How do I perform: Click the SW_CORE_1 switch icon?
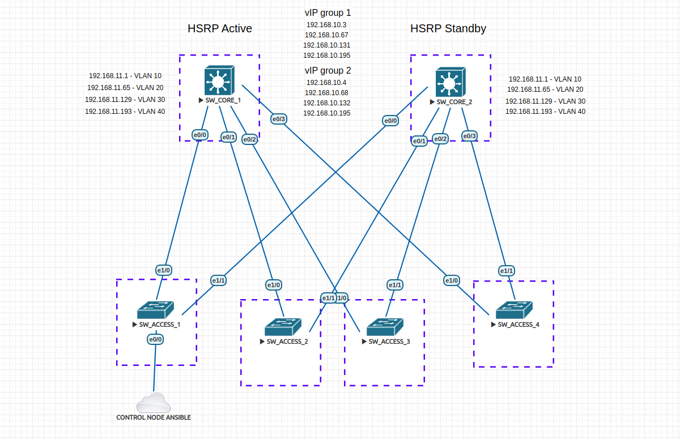click(219, 80)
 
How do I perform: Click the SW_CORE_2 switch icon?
click(449, 83)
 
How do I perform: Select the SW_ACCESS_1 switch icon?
click(155, 310)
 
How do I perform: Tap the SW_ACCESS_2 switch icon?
click(282, 327)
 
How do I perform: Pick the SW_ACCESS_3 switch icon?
click(384, 327)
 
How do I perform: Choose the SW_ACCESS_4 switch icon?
click(513, 310)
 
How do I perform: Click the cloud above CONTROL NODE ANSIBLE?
click(153, 403)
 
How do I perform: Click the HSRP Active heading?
click(220, 28)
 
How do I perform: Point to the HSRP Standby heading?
click(448, 28)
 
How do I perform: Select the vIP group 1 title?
click(328, 12)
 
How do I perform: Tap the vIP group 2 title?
click(328, 71)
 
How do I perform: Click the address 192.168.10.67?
click(326, 35)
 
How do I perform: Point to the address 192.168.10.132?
click(326, 103)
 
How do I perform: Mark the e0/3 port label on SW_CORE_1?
click(278, 119)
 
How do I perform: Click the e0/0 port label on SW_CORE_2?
click(390, 120)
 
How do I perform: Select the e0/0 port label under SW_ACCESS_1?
click(155, 339)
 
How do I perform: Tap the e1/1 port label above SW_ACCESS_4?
click(507, 271)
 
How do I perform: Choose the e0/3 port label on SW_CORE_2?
click(469, 135)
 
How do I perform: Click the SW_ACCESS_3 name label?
click(389, 342)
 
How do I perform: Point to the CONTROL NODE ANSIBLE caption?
click(154, 417)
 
